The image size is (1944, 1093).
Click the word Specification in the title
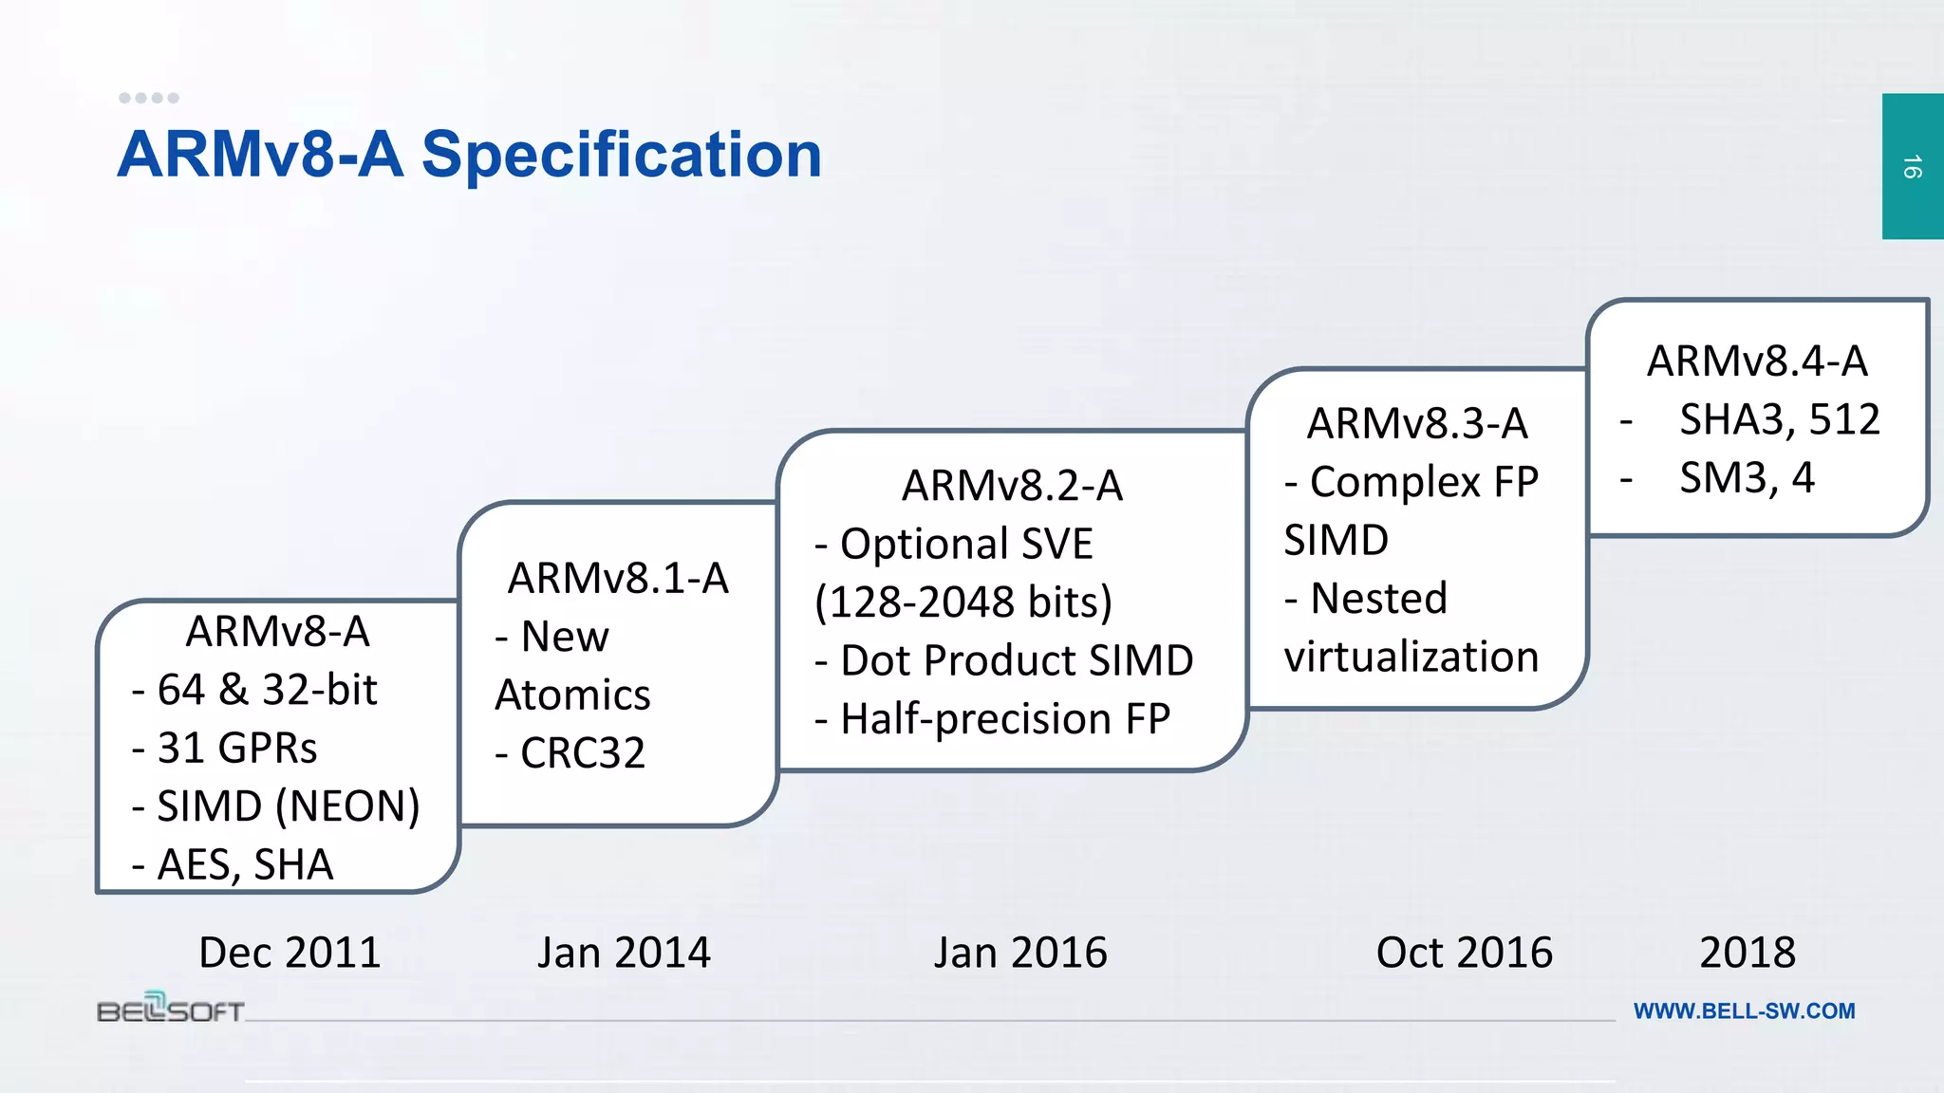[x=622, y=155]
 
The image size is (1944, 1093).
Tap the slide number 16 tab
[x=1912, y=167]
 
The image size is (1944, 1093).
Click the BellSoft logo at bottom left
[x=171, y=1009]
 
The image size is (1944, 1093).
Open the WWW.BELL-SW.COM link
[x=1744, y=1011]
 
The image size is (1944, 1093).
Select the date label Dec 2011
[x=290, y=952]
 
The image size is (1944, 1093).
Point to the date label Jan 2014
[x=624, y=952]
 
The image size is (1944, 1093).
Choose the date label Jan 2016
[x=1020, y=952]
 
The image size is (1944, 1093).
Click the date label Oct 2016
[x=1464, y=952]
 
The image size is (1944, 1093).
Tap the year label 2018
[x=1747, y=952]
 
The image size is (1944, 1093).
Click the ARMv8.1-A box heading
[x=618, y=578]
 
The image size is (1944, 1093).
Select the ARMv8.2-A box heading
[x=1012, y=486]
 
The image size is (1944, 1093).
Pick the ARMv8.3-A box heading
[x=1417, y=423]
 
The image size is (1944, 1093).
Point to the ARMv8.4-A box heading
[x=1757, y=361]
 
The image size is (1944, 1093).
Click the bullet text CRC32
[x=582, y=753]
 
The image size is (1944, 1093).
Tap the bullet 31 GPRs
[x=236, y=748]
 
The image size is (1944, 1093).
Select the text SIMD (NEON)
[x=288, y=806]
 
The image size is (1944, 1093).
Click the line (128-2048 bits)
[x=963, y=602]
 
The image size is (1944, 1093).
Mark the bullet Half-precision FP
[x=1004, y=718]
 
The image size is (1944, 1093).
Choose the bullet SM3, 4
[x=1746, y=477]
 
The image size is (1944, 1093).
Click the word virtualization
[x=1411, y=657]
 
